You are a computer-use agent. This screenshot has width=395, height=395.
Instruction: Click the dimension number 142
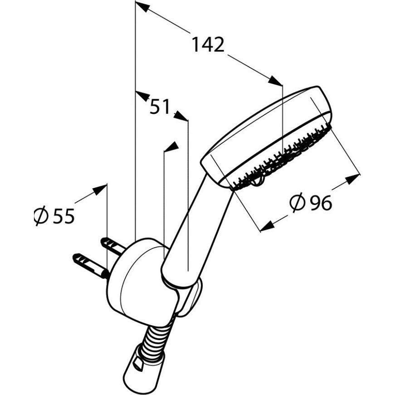coord(208,44)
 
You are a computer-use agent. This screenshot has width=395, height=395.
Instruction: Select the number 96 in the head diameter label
coord(321,203)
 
